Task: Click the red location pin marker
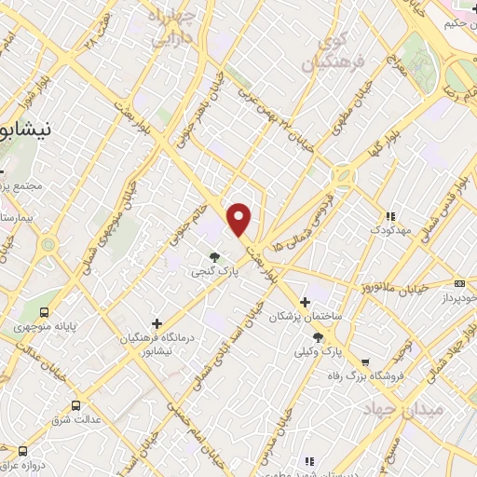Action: point(240,218)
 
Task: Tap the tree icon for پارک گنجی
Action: point(215,256)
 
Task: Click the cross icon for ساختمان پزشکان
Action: point(305,302)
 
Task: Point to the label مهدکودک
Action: point(385,229)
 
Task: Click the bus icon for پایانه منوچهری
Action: point(45,313)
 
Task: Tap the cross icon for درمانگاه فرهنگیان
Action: point(157,323)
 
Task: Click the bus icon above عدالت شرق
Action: point(75,405)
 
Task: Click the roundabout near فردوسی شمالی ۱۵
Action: point(344,175)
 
